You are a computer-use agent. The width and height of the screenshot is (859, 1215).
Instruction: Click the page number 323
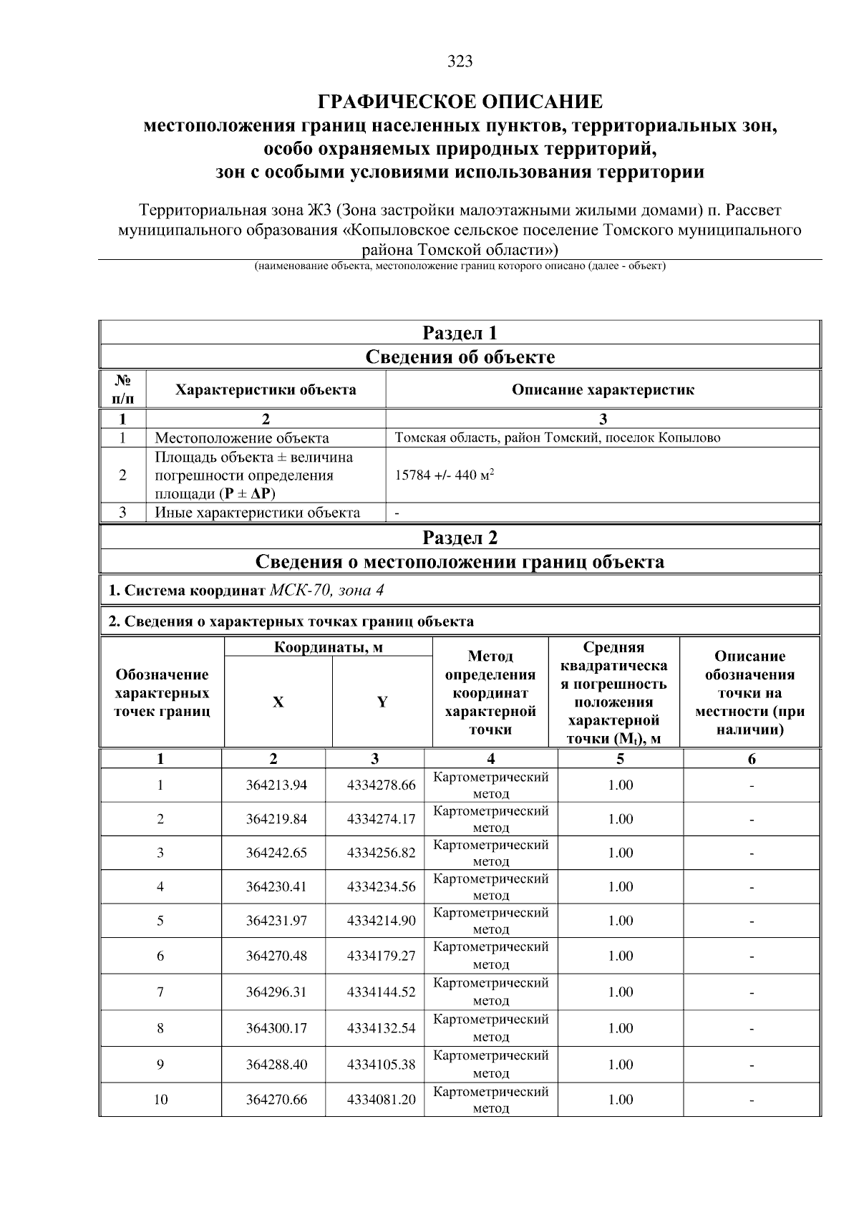(x=460, y=62)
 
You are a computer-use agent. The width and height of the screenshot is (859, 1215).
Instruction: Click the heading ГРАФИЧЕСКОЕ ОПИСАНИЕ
(x=460, y=102)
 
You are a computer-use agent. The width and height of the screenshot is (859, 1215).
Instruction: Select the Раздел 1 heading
(x=460, y=333)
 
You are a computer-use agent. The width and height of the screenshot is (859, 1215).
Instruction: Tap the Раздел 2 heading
(x=460, y=538)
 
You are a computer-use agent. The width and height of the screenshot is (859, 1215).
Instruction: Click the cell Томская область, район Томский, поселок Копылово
(x=558, y=437)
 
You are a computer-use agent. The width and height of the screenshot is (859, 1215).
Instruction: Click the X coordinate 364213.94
(x=276, y=785)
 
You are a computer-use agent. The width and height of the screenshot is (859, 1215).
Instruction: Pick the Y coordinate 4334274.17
(x=381, y=819)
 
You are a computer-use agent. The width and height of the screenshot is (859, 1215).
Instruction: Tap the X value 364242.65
(x=276, y=853)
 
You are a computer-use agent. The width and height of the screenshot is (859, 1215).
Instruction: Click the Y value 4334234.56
(x=381, y=887)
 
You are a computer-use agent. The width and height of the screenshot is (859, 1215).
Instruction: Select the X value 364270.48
(x=276, y=957)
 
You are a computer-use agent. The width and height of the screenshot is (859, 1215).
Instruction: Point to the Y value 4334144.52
(x=381, y=992)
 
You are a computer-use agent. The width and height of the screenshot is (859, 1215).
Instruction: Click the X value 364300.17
(x=276, y=1029)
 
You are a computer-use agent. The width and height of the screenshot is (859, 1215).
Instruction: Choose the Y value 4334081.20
(x=381, y=1100)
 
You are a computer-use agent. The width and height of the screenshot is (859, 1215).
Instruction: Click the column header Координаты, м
(x=329, y=648)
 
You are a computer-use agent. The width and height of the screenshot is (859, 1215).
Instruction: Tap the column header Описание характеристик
(x=603, y=390)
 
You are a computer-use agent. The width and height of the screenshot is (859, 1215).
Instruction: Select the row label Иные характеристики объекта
(x=258, y=513)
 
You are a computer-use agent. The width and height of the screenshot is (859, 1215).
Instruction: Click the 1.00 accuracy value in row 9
(x=620, y=1065)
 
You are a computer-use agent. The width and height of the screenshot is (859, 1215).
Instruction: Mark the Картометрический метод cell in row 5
(x=491, y=921)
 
